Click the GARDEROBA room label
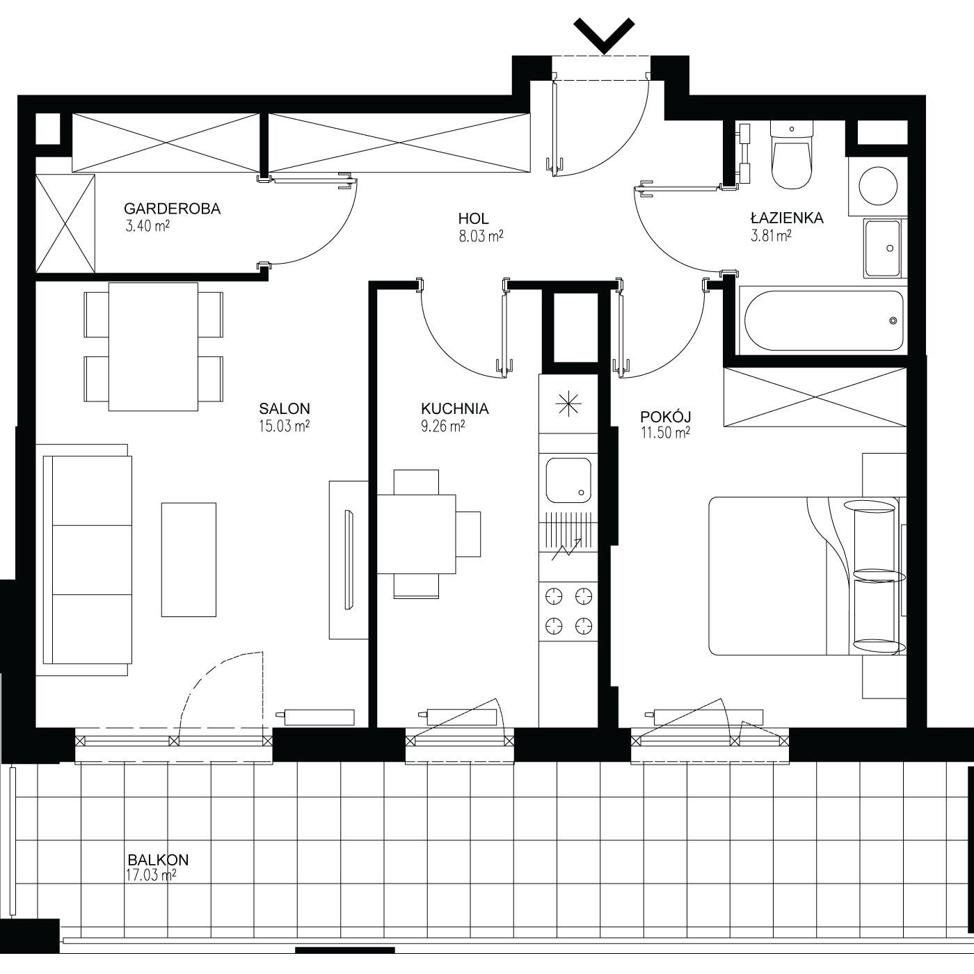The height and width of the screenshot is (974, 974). (172, 209)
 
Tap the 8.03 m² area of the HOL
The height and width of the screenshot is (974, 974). (481, 236)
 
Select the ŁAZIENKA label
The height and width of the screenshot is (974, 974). (787, 218)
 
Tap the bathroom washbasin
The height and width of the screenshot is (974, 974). (882, 248)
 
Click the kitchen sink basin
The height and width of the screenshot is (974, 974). (568, 480)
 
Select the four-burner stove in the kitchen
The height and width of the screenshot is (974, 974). (568, 612)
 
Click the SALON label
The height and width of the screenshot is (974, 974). (285, 408)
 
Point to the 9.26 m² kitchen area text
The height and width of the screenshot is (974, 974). (442, 426)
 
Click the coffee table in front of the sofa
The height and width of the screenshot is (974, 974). (189, 559)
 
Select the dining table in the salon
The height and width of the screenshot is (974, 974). (153, 346)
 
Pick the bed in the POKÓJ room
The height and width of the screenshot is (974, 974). (807, 576)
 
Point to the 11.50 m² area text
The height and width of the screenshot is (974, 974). (665, 433)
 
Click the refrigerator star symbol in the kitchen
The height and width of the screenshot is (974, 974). (568, 404)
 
